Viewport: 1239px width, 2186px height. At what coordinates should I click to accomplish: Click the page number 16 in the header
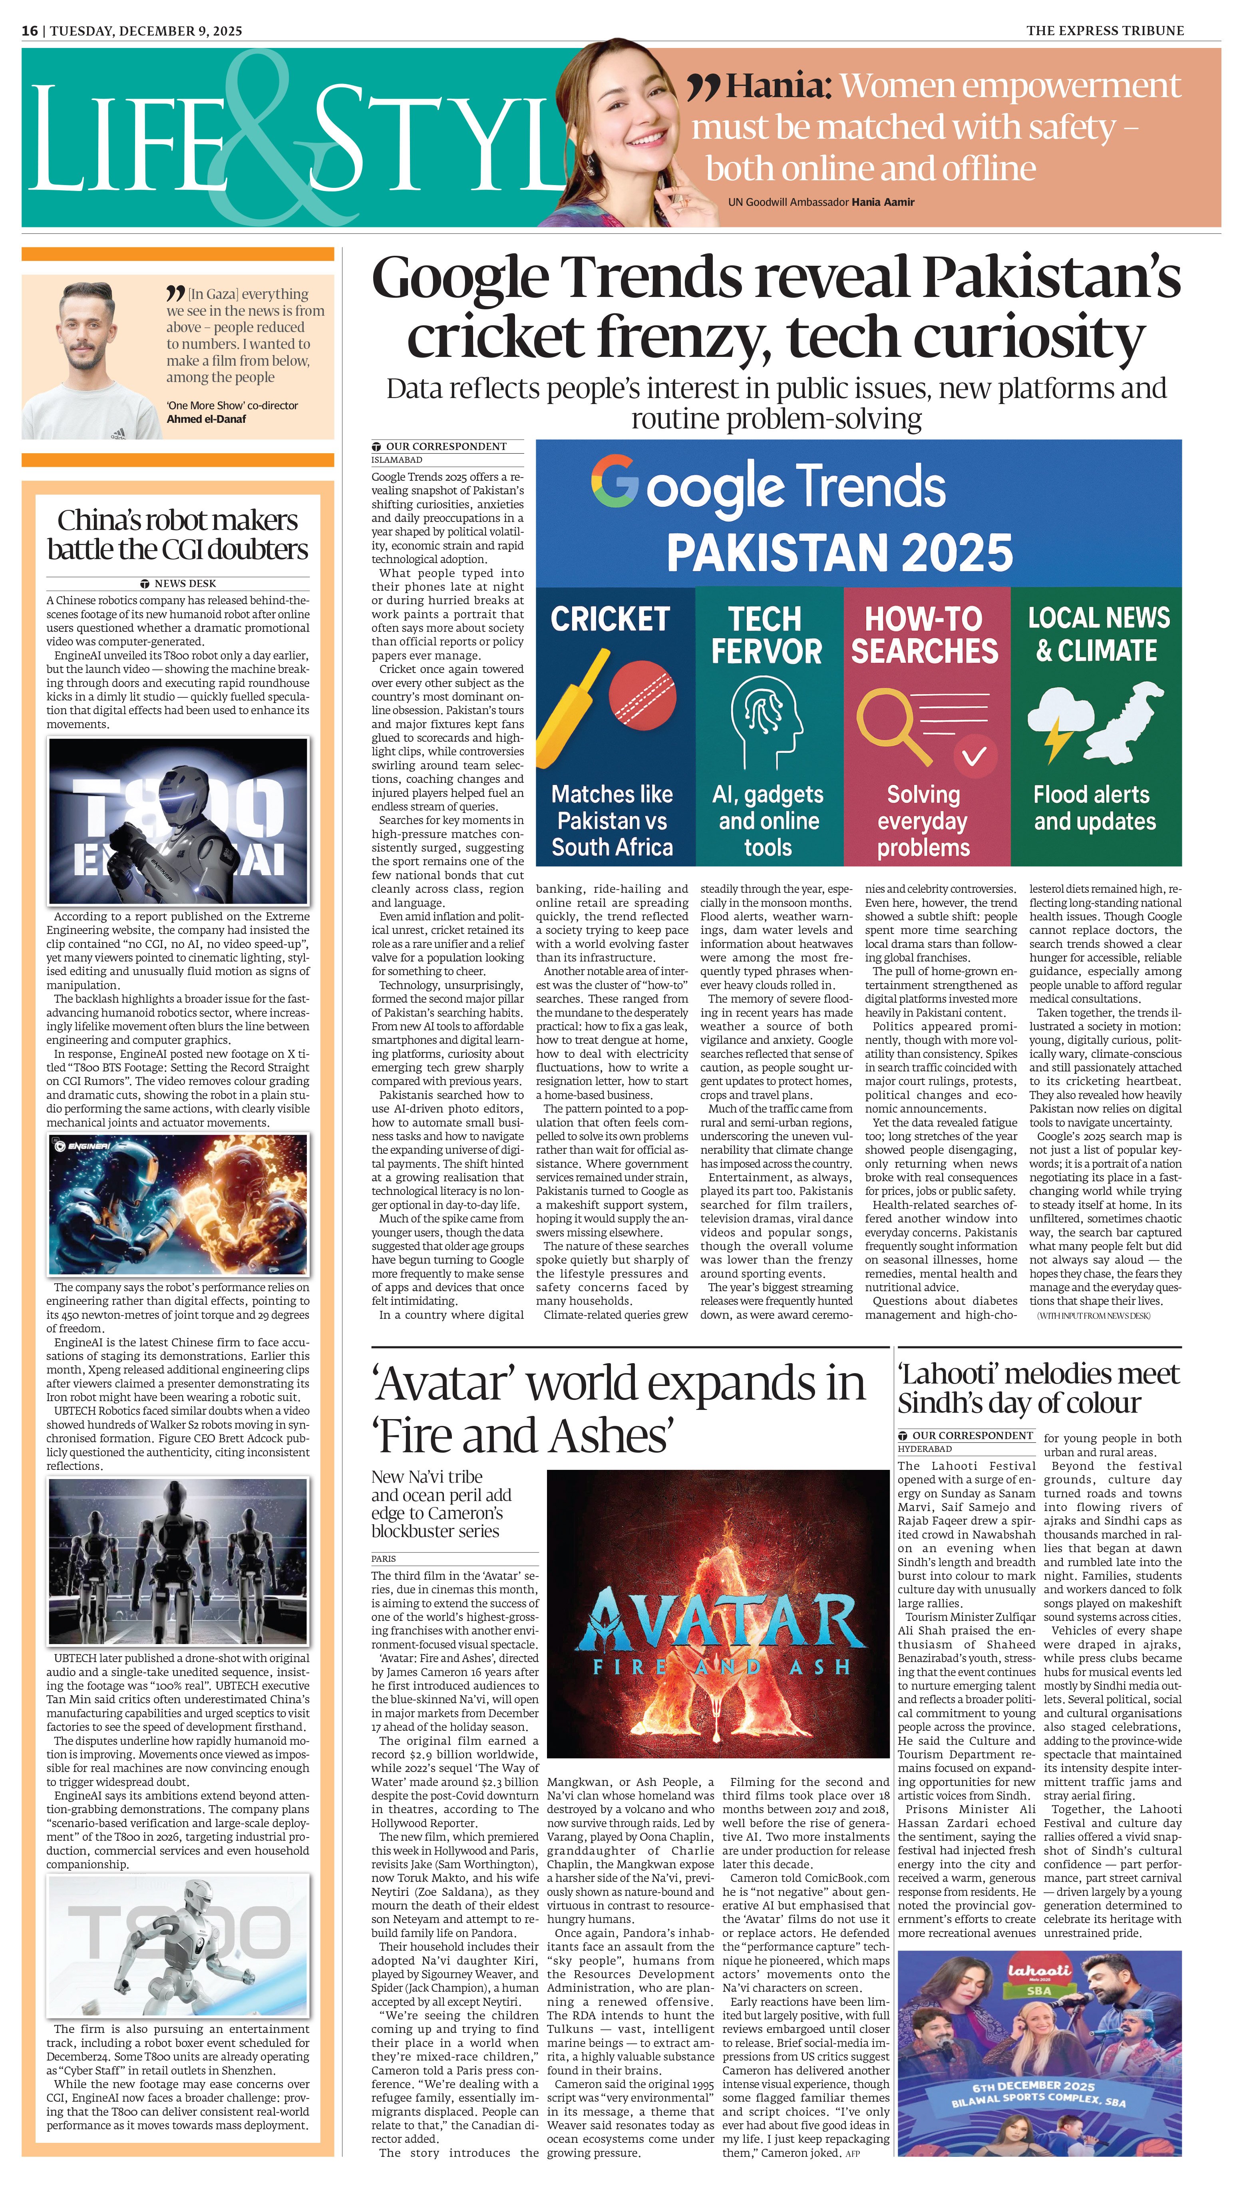coord(30,31)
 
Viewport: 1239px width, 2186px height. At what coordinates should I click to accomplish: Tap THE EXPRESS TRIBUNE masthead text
coord(1104,31)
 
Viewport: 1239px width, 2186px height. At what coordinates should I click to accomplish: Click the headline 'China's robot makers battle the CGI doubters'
coord(178,534)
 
